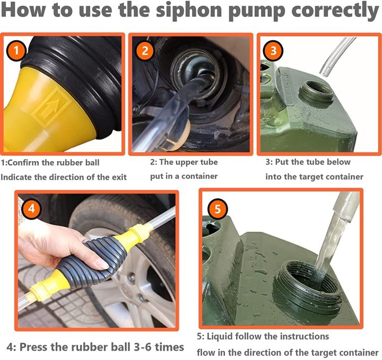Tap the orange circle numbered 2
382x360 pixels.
point(145,51)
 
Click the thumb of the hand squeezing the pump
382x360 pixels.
point(95,263)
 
